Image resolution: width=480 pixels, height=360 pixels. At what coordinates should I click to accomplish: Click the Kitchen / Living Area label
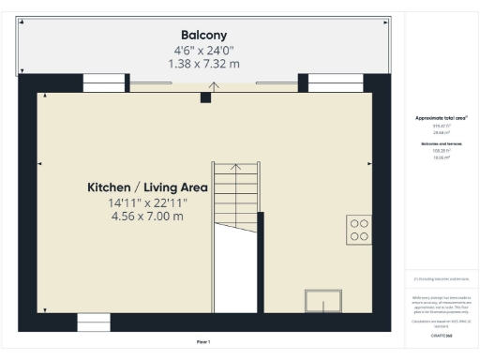(143, 187)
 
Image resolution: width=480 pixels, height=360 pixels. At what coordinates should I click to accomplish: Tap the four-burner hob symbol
(357, 230)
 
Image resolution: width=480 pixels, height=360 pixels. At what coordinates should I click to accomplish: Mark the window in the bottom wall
(94, 322)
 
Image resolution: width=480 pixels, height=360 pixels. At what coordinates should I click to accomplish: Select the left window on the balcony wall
(103, 83)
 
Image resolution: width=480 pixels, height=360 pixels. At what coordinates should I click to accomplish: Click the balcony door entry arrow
(214, 87)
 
